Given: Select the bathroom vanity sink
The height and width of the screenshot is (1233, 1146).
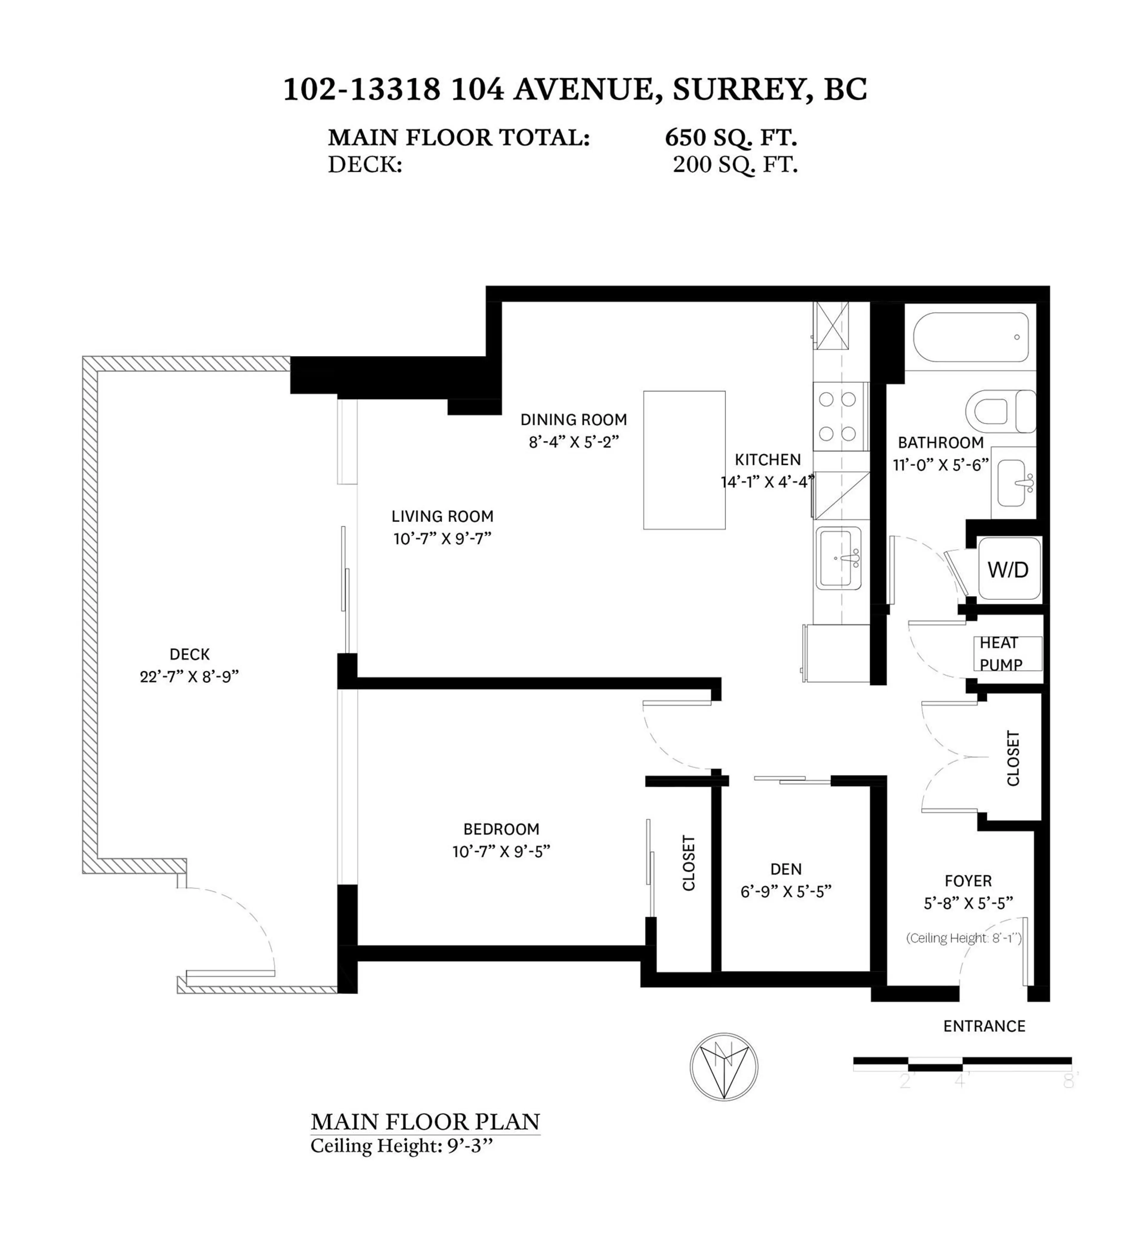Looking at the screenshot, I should (1014, 483).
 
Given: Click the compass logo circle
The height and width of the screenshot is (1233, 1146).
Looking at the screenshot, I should (724, 1067).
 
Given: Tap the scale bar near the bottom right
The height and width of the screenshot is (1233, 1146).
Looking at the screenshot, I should (962, 1064).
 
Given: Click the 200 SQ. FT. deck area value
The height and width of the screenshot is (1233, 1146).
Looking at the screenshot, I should (735, 164).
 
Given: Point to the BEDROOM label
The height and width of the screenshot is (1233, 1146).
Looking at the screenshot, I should (501, 829).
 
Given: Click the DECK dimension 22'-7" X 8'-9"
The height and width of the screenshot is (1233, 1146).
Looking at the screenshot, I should (189, 676).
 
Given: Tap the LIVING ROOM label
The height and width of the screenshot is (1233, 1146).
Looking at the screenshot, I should (442, 516).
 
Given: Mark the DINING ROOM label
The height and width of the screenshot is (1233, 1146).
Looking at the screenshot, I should (574, 419).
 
